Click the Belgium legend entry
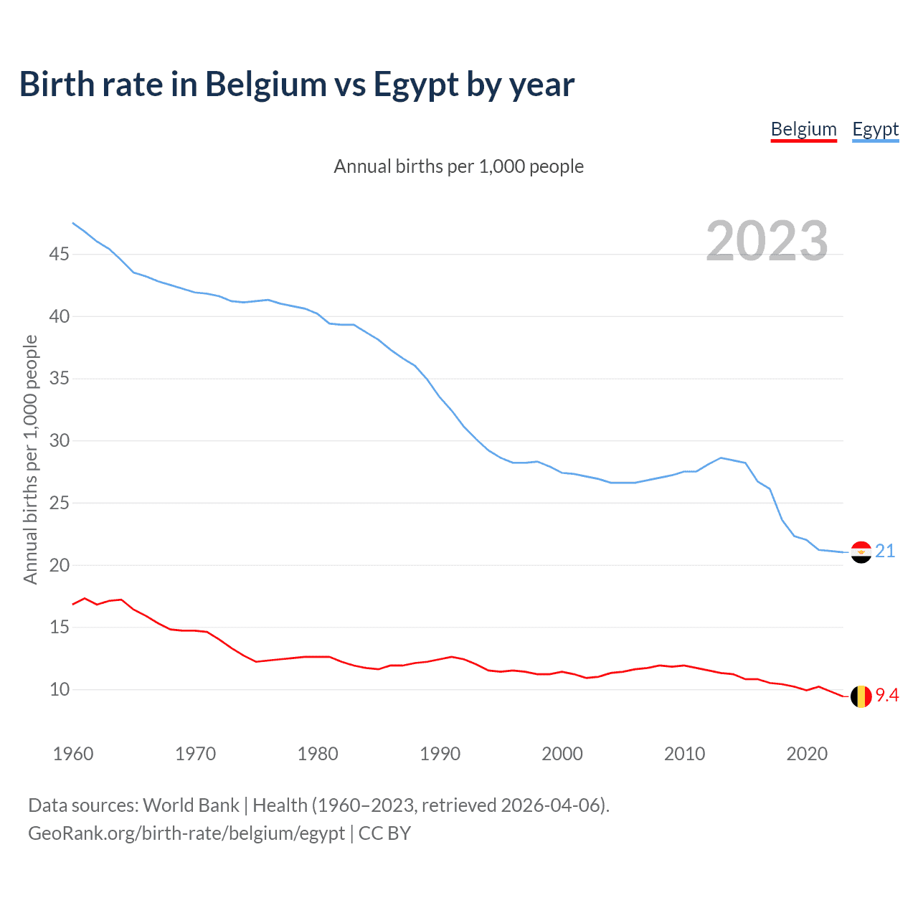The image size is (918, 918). [x=803, y=129]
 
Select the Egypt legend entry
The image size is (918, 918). [x=875, y=129]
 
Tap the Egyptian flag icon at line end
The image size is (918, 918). [x=861, y=552]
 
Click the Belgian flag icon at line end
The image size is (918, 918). [x=861, y=696]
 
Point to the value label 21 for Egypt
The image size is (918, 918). [x=885, y=551]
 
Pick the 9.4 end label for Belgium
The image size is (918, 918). [x=887, y=695]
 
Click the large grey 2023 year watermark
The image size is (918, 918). [x=767, y=240]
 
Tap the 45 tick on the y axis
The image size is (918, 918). [x=60, y=254]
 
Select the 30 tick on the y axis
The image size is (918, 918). [x=60, y=440]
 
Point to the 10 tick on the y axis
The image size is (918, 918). [x=60, y=689]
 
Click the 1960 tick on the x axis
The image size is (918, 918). [x=73, y=754]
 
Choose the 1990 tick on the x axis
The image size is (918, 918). [x=440, y=754]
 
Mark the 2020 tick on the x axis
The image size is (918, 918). [x=807, y=754]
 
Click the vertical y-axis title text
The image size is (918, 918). [x=30, y=459]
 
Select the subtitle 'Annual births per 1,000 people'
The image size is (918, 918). [x=459, y=166]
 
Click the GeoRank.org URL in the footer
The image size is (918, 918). [x=186, y=833]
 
